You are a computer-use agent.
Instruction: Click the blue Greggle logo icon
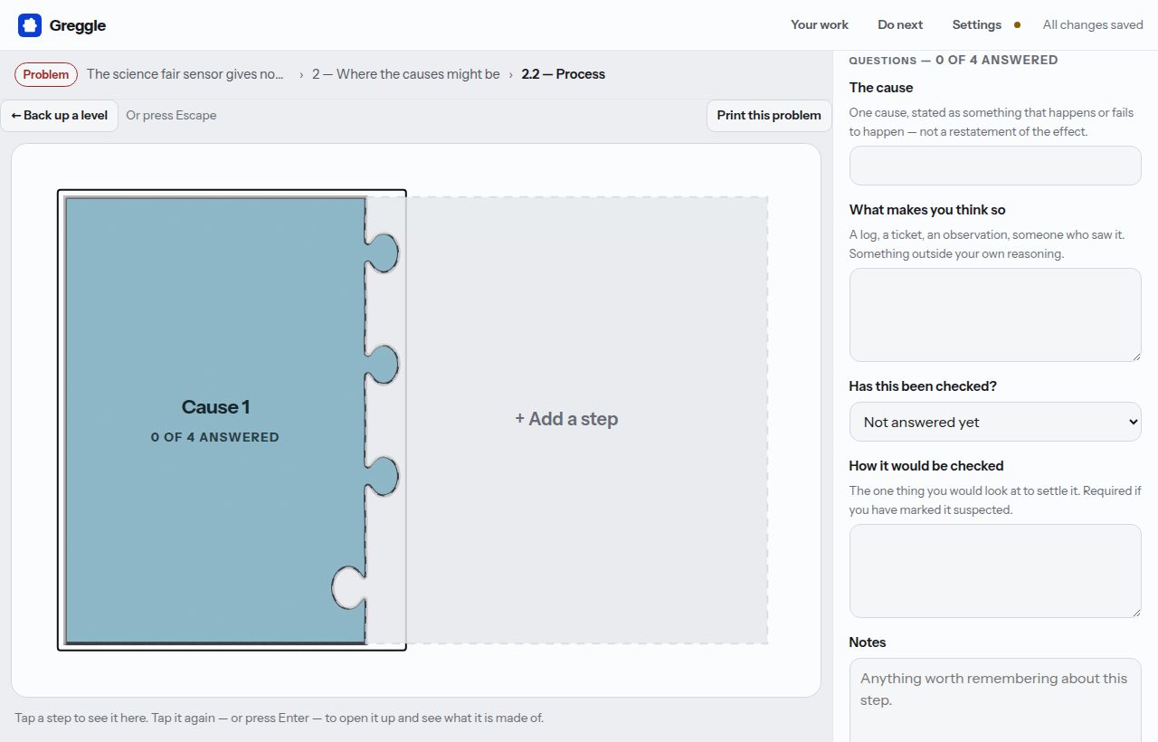click(x=30, y=25)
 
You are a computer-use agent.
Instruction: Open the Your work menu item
click(x=820, y=24)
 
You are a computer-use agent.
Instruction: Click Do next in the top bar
click(x=900, y=24)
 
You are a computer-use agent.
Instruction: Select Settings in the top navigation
click(x=976, y=24)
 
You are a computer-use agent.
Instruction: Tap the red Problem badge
click(x=46, y=74)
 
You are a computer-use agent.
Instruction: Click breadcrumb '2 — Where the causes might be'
click(x=406, y=74)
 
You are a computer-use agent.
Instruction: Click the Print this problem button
click(x=769, y=115)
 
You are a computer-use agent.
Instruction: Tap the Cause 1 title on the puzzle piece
click(x=215, y=407)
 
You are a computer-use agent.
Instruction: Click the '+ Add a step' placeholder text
click(x=566, y=419)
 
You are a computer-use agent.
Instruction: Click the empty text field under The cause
click(x=995, y=166)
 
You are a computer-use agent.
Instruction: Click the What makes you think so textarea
click(x=995, y=315)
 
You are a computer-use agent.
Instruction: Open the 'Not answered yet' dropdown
click(x=995, y=422)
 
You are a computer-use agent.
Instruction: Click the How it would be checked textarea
click(x=995, y=571)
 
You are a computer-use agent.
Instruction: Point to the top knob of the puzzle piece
click(x=383, y=252)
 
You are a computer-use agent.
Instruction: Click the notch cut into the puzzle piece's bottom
click(x=348, y=588)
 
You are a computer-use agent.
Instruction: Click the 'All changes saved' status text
click(x=1093, y=24)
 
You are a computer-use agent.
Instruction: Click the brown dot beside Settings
click(x=1017, y=24)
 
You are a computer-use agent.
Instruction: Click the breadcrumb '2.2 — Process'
click(x=563, y=74)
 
